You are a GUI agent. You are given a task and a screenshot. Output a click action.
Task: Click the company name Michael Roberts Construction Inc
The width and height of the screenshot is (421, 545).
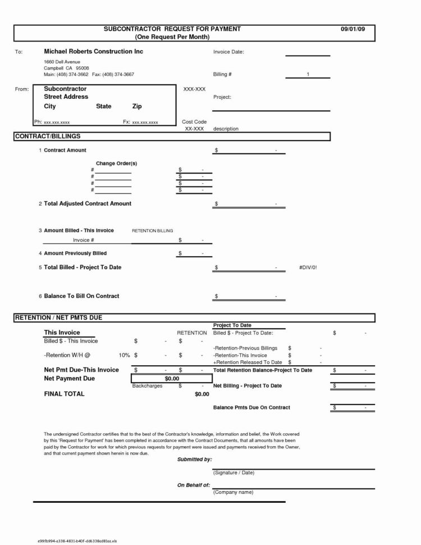tap(93, 52)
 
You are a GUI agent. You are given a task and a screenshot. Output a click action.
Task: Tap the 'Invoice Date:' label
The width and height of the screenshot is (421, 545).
tap(228, 52)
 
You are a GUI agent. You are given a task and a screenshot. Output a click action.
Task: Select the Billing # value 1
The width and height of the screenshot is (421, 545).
tap(308, 74)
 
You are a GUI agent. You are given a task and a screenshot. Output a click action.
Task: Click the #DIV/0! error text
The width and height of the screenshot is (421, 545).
tap(308, 267)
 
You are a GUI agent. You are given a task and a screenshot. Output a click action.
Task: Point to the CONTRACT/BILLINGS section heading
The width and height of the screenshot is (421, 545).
tap(48, 137)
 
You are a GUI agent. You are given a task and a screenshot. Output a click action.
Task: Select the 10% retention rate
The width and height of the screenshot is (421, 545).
tap(124, 355)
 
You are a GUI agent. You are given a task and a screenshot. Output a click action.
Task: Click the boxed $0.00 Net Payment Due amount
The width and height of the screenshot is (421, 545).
tap(171, 379)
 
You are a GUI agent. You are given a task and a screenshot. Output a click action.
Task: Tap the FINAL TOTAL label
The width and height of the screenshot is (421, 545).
tap(64, 394)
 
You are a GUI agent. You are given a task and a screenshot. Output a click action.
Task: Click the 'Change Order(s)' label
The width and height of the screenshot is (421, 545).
tap(116, 163)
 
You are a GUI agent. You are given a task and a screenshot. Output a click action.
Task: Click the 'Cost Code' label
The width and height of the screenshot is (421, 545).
tap(194, 122)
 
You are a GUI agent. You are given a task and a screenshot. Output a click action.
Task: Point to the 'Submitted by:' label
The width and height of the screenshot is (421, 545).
tap(194, 459)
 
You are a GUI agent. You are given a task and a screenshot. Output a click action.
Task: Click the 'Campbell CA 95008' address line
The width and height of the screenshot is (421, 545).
tap(63, 67)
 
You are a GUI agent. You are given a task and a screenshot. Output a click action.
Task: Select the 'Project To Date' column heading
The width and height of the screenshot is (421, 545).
tap(232, 325)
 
